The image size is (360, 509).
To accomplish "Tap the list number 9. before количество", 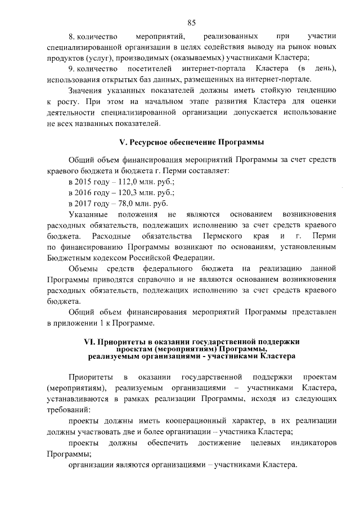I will (71, 69).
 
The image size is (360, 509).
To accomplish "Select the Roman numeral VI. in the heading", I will (90, 341).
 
